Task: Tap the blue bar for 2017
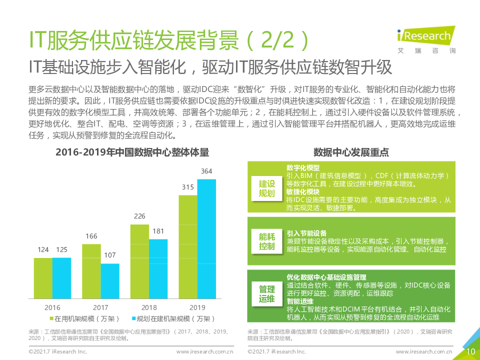(110, 280)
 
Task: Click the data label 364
(206, 171)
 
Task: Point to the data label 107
(110, 255)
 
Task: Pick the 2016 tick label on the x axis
(52, 307)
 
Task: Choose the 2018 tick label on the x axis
(149, 307)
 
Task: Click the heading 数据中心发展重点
(351, 152)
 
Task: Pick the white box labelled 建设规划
(266, 188)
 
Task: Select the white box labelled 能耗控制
(266, 241)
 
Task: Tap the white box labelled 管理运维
(266, 294)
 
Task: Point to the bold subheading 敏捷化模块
(303, 191)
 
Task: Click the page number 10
(470, 351)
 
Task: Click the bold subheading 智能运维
(300, 301)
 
